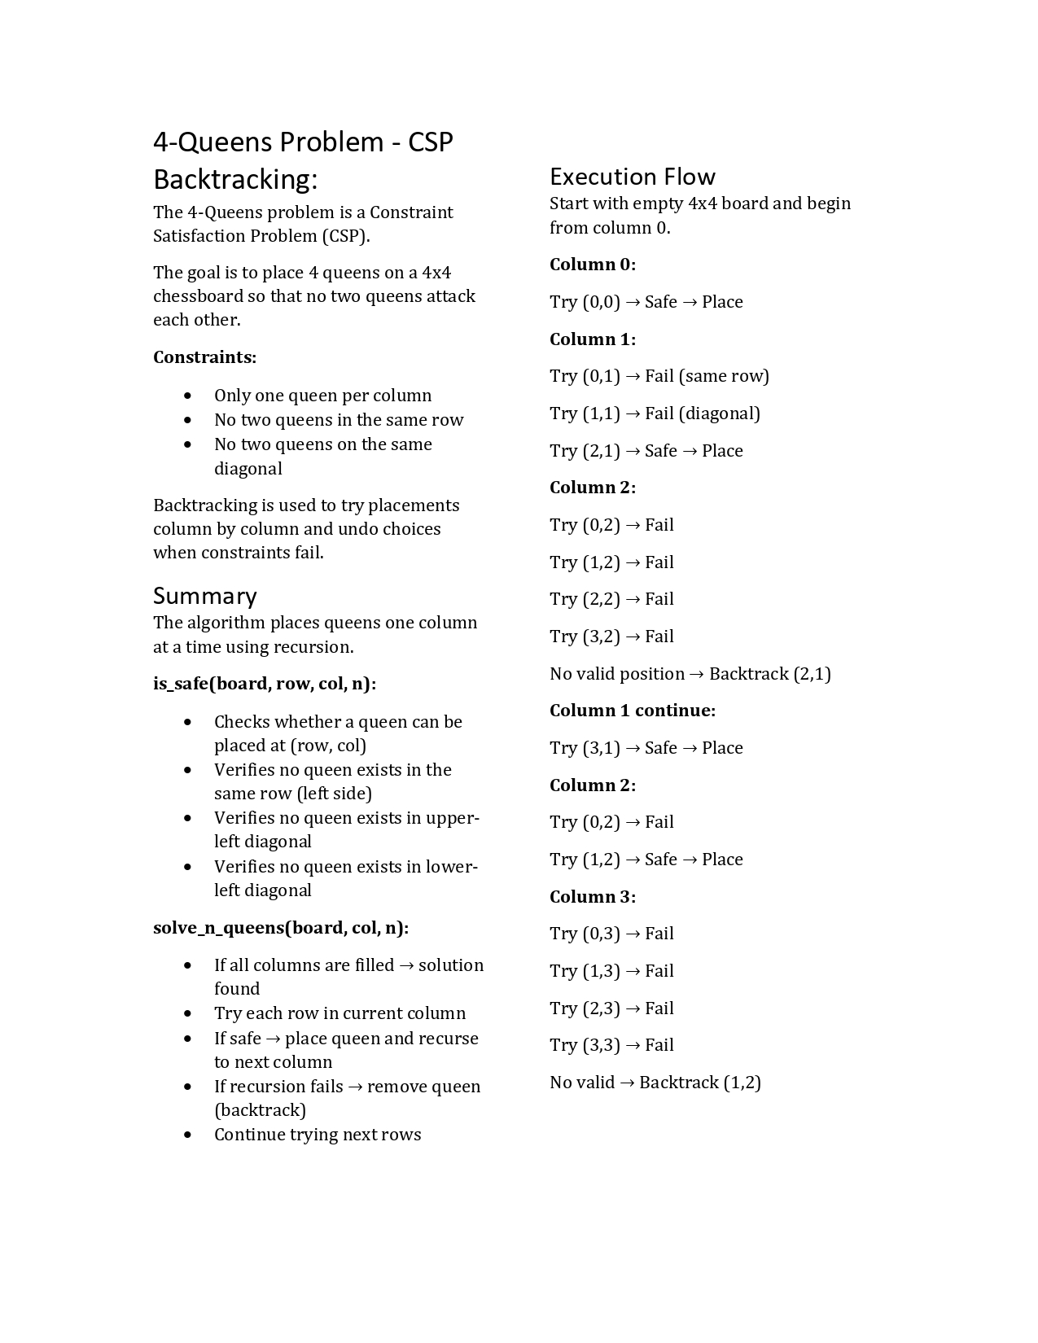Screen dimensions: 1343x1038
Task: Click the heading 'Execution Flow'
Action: pyautogui.click(x=632, y=177)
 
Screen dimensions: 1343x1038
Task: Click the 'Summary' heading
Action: pyautogui.click(x=204, y=596)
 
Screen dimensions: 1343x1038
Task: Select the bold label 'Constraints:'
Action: pyautogui.click(x=204, y=357)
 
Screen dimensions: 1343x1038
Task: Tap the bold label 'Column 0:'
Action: pyautogui.click(x=592, y=265)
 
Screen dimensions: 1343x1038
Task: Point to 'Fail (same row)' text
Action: pyautogui.click(x=707, y=376)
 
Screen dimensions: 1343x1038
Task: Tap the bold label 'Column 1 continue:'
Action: pyautogui.click(x=632, y=711)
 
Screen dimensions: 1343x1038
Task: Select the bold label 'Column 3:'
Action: pyautogui.click(x=592, y=897)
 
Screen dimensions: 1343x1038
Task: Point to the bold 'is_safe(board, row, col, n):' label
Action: pyautogui.click(x=265, y=684)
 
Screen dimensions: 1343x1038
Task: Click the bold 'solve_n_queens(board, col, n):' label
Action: pyautogui.click(x=281, y=928)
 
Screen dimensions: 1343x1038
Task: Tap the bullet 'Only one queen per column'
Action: pyautogui.click(x=322, y=396)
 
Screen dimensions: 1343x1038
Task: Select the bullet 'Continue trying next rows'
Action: pyautogui.click(x=318, y=1135)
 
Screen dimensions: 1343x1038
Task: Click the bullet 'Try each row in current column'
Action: pyautogui.click(x=339, y=1013)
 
